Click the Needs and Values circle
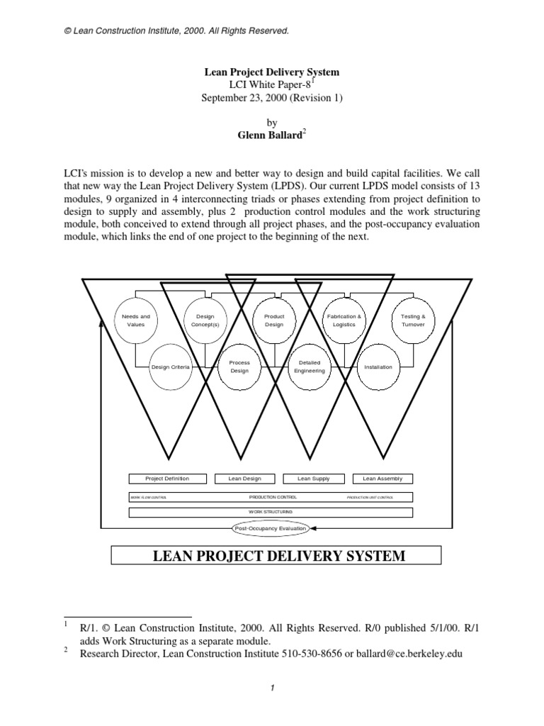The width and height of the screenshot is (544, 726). click(x=136, y=320)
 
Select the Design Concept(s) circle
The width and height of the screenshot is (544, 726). click(x=205, y=320)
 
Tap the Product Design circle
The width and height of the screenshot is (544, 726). click(x=273, y=320)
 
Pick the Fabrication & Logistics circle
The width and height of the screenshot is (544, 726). click(x=344, y=320)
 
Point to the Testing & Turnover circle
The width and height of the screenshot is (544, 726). click(x=413, y=320)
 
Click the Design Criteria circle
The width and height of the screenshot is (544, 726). click(x=170, y=367)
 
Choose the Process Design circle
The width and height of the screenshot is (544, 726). click(x=239, y=367)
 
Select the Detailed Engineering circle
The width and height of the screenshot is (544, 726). click(x=310, y=367)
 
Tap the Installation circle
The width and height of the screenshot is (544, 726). click(x=378, y=367)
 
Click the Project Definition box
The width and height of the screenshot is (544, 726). click(x=167, y=479)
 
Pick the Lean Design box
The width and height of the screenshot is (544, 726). click(x=244, y=479)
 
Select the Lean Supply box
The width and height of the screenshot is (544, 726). click(x=314, y=479)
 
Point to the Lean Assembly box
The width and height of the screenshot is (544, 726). click(x=382, y=479)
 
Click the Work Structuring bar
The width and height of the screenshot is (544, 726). click(x=271, y=511)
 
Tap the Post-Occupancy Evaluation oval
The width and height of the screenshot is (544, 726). click(x=271, y=528)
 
